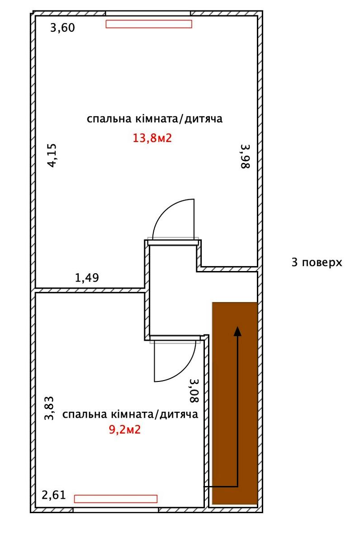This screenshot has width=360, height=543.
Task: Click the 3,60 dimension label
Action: (x=62, y=28)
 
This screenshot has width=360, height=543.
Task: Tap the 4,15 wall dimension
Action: (x=52, y=155)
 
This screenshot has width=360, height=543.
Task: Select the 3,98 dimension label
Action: (x=246, y=157)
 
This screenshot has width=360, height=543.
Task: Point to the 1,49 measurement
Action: (x=87, y=277)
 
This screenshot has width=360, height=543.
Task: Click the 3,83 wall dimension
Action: (x=49, y=408)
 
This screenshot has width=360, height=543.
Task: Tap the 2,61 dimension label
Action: (x=54, y=495)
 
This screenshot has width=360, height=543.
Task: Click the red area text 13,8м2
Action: (x=152, y=138)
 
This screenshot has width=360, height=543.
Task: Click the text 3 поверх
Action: (x=317, y=262)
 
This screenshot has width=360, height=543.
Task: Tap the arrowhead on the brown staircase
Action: (x=237, y=331)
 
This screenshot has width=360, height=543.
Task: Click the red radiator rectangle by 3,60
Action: (x=149, y=24)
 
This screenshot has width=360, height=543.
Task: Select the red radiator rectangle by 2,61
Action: (x=116, y=499)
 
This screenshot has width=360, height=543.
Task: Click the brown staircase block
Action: (x=235, y=403)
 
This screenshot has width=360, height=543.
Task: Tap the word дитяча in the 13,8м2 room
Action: (x=204, y=119)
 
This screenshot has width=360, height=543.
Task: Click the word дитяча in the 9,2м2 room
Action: (x=179, y=414)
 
